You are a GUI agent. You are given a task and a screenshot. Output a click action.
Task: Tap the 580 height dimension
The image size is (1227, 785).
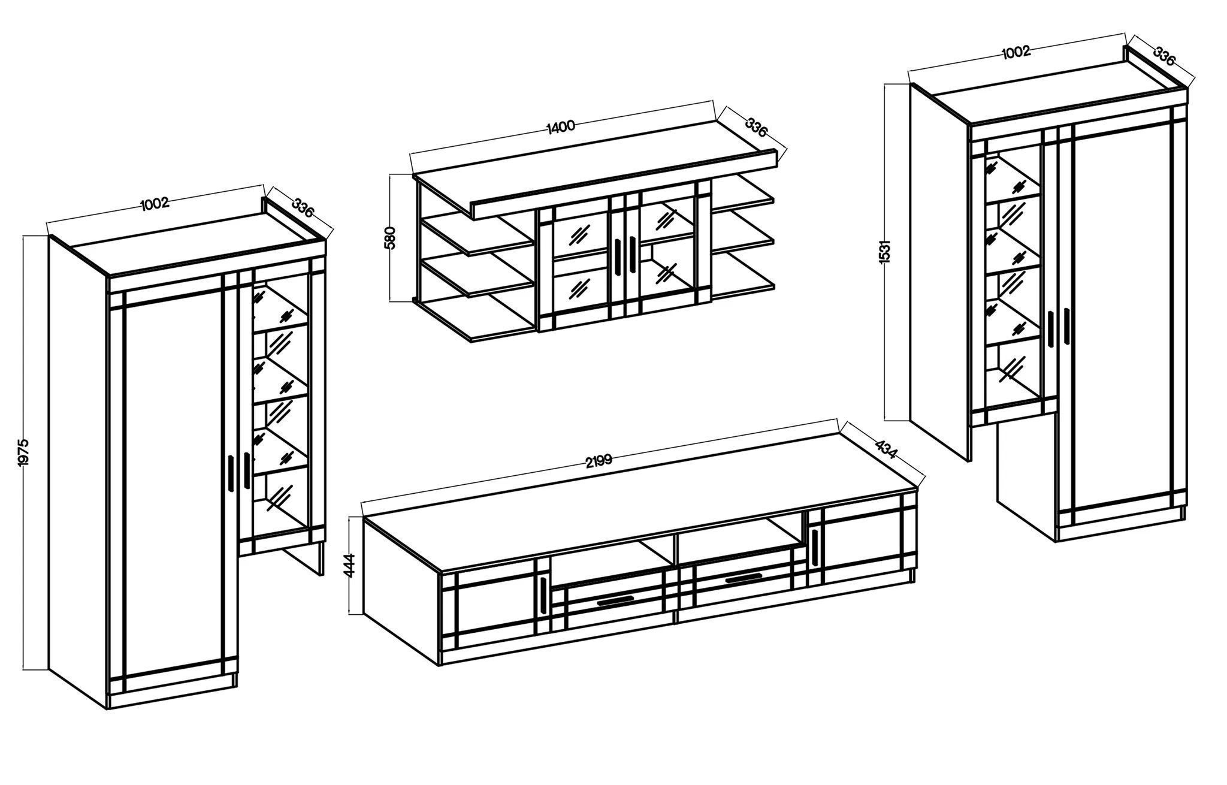point(390,238)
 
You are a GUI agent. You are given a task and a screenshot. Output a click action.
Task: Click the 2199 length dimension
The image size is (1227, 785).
point(599,461)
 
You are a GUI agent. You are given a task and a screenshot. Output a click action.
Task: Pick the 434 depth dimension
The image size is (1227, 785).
point(886,449)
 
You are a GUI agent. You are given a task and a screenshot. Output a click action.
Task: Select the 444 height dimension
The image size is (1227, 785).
point(350,565)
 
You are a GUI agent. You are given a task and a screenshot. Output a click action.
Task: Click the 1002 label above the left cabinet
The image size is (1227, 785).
point(155,203)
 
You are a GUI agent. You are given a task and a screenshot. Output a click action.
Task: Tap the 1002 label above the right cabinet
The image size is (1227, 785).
point(1016,52)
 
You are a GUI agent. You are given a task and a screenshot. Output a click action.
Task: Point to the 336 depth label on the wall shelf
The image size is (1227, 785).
point(756,128)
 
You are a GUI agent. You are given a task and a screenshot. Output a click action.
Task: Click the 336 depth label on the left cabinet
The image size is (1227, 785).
point(303,207)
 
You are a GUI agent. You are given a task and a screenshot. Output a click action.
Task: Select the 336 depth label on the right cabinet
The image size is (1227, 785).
point(1164,56)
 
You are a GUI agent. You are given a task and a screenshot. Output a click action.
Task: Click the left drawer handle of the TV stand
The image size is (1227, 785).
point(615,600)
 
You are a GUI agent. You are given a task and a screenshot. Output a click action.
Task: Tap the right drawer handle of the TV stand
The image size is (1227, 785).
point(742,578)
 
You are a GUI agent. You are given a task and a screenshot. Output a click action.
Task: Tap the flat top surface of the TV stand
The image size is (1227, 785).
point(641,503)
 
